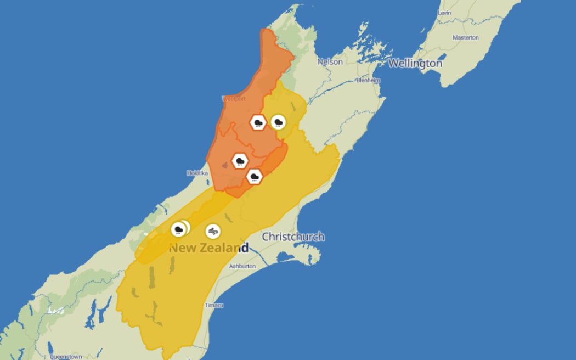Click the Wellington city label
(415, 64)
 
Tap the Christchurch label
(293, 237)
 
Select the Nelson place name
(330, 62)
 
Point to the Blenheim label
(368, 80)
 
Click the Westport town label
(234, 99)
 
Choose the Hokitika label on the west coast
(197, 173)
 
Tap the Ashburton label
(242, 266)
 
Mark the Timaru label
(213, 305)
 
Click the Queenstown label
(66, 356)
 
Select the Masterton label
(465, 37)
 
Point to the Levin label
(444, 13)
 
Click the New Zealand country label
(208, 248)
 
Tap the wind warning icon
(213, 231)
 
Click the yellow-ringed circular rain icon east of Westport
(278, 122)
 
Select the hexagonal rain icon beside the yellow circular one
(258, 122)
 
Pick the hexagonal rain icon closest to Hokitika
(240, 161)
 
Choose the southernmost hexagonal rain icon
(254, 176)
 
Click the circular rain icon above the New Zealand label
(179, 229)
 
